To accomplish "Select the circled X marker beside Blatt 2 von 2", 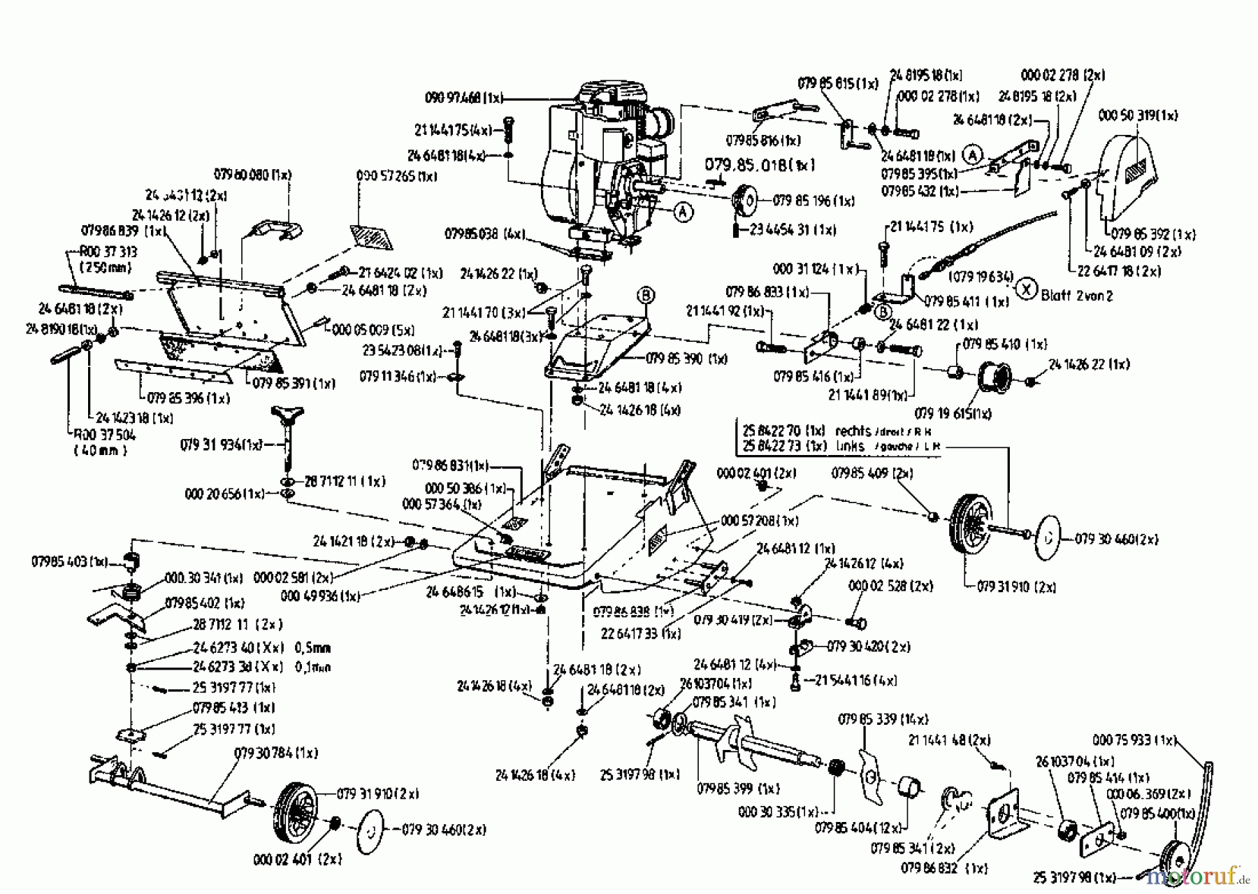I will (x=1026, y=288).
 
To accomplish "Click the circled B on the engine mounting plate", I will (x=645, y=296).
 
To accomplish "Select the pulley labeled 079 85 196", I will (x=744, y=202).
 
